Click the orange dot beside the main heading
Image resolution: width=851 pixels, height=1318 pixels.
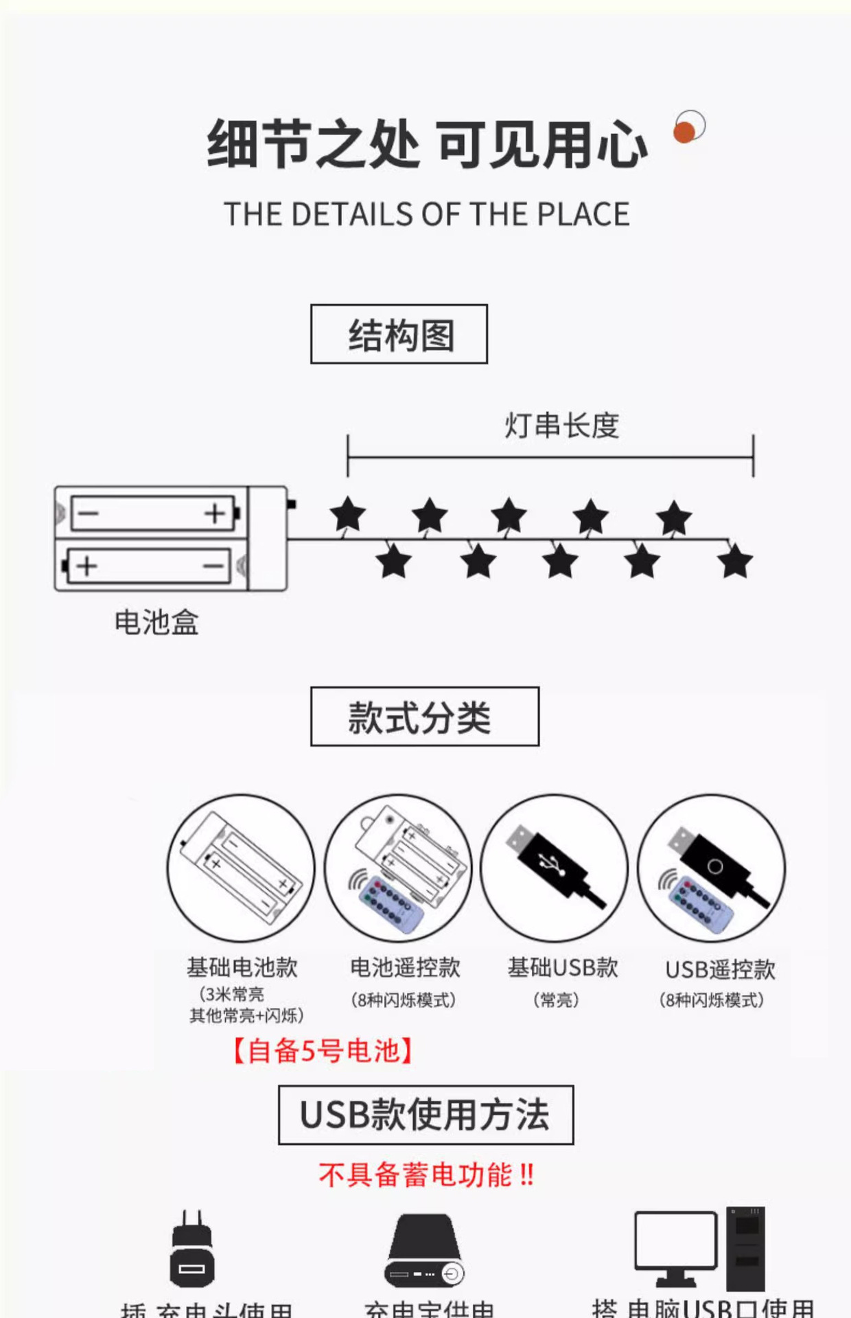tap(684, 131)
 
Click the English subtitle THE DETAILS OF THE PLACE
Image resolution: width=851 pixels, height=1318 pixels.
tap(426, 214)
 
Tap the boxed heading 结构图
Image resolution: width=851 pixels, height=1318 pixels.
tap(399, 334)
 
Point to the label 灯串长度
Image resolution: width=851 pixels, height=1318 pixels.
tap(561, 426)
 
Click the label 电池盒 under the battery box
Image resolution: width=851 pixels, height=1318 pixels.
tap(156, 623)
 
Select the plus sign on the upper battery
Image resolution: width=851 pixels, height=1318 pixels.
tap(215, 513)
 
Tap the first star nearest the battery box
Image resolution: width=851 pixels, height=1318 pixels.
tap(347, 515)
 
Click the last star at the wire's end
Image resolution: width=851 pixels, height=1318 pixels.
tap(735, 561)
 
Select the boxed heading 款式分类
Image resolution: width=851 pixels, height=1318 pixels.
tap(425, 717)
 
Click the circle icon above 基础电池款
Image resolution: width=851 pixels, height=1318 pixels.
tap(241, 868)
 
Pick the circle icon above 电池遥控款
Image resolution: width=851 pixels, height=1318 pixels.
tap(398, 868)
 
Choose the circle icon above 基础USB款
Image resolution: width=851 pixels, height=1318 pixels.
tap(555, 868)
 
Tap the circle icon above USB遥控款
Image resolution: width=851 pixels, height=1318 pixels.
tap(712, 868)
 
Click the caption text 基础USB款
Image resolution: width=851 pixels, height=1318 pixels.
tap(563, 968)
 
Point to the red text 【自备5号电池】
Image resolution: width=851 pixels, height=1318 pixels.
tap(323, 1051)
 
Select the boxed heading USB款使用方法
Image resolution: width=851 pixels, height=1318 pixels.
tap(425, 1115)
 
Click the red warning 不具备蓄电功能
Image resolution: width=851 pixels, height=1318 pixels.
tap(425, 1175)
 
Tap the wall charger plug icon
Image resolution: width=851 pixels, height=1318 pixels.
tap(191, 1249)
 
